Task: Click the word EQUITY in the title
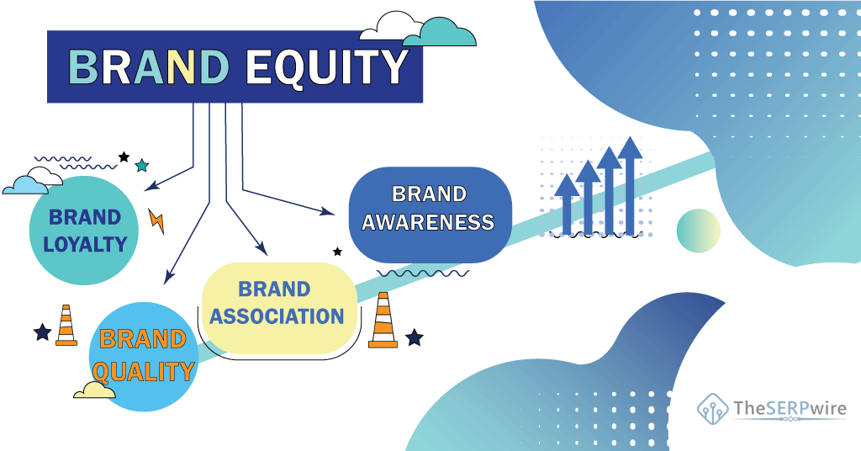click(x=326, y=67)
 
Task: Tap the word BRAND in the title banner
click(x=148, y=67)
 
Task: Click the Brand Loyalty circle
click(x=84, y=231)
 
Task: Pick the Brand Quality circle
click(x=143, y=357)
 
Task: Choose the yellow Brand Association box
click(x=279, y=308)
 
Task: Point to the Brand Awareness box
click(x=430, y=215)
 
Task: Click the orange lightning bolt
click(x=156, y=220)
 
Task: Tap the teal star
click(x=141, y=166)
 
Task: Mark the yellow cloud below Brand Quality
click(x=94, y=390)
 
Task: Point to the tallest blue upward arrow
click(x=630, y=186)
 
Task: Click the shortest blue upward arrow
click(x=567, y=204)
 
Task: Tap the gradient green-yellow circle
click(x=698, y=231)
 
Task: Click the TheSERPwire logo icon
click(x=713, y=409)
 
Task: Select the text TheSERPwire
click(x=790, y=408)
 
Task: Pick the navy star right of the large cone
click(x=414, y=337)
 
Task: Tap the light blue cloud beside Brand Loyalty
click(x=25, y=186)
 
